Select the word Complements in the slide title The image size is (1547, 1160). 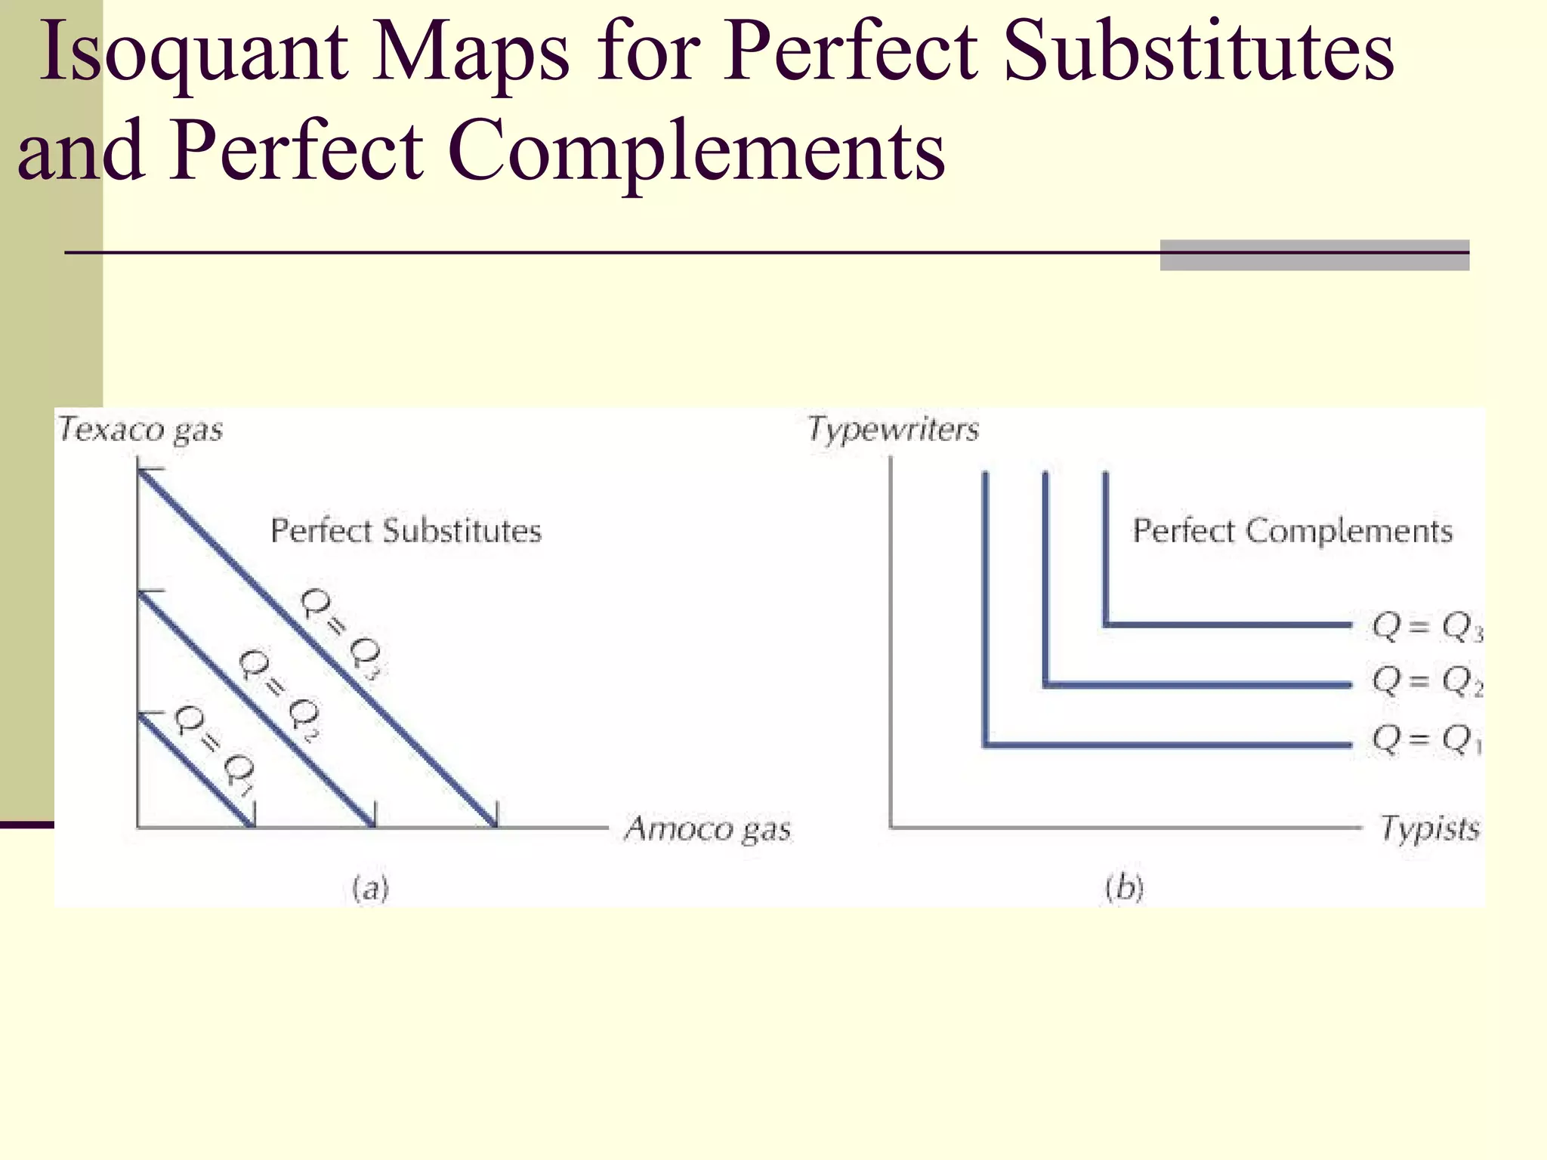pyautogui.click(x=696, y=151)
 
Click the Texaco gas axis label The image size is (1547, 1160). pyautogui.click(x=140, y=430)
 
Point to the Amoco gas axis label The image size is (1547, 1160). pyautogui.click(x=708, y=828)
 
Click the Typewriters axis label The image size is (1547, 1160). pyautogui.click(x=893, y=429)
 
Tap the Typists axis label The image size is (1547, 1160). pyautogui.click(x=1429, y=828)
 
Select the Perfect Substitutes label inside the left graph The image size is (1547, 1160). pyautogui.click(x=406, y=531)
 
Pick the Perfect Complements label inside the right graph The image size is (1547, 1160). pyautogui.click(x=1292, y=531)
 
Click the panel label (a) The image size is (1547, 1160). pyautogui.click(x=370, y=889)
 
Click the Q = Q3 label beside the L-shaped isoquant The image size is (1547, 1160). pyautogui.click(x=1426, y=627)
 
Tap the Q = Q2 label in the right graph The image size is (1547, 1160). pyautogui.click(x=1426, y=681)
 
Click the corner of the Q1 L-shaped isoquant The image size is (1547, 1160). pyautogui.click(x=986, y=745)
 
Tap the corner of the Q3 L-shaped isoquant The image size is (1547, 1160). pyautogui.click(x=1106, y=625)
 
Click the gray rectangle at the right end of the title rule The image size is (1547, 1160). pyautogui.click(x=1314, y=255)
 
